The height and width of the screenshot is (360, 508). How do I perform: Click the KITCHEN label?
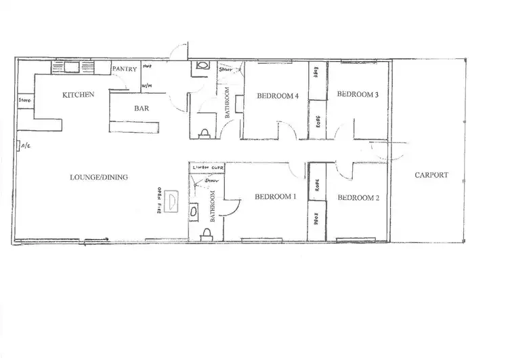[x=78, y=95]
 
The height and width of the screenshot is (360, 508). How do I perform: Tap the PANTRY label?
[x=124, y=69]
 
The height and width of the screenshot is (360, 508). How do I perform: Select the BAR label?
[x=142, y=108]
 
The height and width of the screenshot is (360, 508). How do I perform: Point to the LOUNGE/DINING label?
[x=99, y=178]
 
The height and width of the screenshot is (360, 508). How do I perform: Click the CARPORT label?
[x=431, y=175]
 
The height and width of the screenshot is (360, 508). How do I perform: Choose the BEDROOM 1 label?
[x=276, y=197]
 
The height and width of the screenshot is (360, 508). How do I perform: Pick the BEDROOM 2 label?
[x=357, y=198]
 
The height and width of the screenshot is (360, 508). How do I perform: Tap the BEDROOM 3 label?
[x=357, y=95]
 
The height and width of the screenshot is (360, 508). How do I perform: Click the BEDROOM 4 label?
[x=278, y=96]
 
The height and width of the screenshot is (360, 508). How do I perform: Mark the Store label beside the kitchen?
[x=25, y=101]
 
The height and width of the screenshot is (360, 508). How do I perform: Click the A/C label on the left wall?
[x=25, y=146]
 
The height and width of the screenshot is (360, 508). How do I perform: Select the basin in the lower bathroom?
[x=194, y=211]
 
